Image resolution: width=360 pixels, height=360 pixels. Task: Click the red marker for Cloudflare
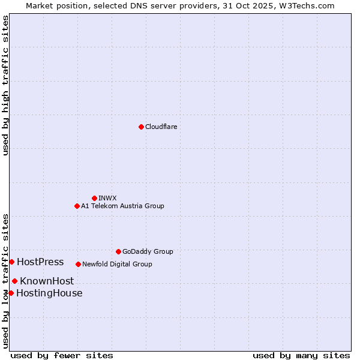141,127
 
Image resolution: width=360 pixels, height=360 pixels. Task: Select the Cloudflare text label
161,127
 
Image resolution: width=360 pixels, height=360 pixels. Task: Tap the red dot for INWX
94,198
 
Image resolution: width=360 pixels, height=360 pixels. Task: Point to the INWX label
107,198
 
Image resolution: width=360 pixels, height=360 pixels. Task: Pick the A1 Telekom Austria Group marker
77,206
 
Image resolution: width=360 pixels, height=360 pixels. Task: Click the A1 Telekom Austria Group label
122,206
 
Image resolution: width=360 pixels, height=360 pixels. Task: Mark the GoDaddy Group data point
118,251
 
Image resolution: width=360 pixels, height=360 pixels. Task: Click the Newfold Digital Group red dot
78,264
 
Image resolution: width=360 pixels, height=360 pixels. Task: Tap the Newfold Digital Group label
117,264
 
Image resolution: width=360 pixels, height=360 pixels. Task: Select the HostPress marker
11,262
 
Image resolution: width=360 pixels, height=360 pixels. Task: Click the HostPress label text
40,262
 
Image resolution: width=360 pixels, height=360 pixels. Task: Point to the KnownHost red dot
14,281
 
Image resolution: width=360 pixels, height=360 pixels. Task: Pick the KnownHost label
47,281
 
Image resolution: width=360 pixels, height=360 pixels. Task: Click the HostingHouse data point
11,293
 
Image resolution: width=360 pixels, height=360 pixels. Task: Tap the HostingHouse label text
49,293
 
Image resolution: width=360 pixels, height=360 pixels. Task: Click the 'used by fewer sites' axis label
62,355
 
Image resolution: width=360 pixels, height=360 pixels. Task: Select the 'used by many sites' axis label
301,355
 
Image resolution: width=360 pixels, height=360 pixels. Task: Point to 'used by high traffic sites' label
5,85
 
